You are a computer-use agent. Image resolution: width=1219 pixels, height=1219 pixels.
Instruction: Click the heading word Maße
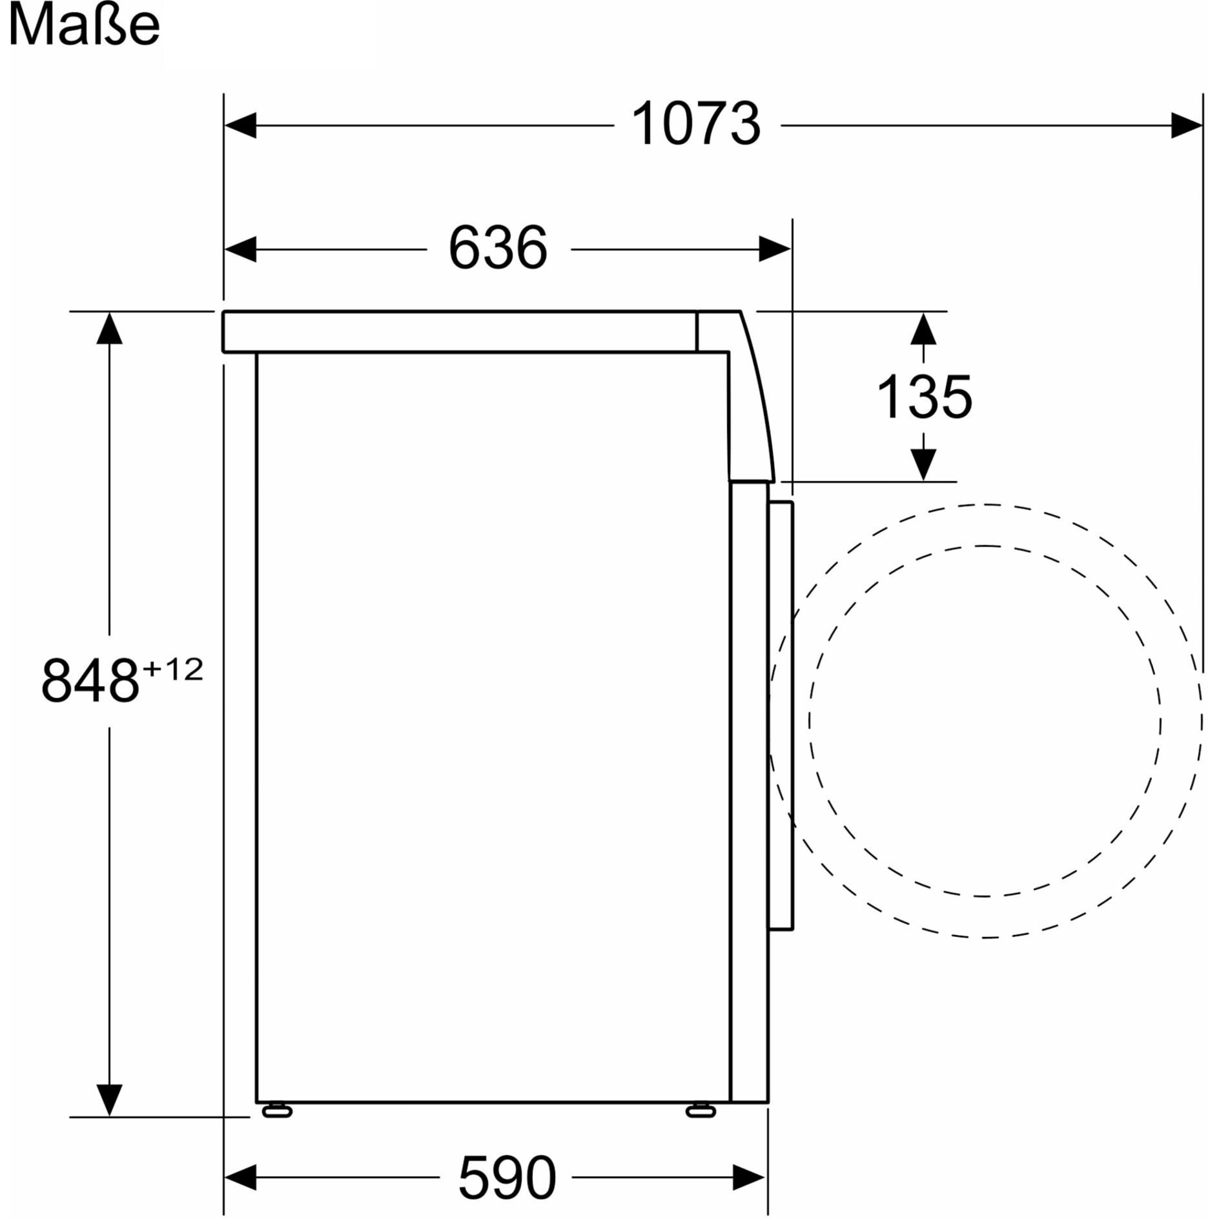pyautogui.click(x=84, y=26)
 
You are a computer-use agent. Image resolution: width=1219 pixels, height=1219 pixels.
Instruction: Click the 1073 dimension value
pyautogui.click(x=696, y=125)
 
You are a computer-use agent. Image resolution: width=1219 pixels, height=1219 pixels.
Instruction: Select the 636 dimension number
pyautogui.click(x=498, y=248)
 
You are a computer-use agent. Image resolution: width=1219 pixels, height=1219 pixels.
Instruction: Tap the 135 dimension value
pyautogui.click(x=924, y=396)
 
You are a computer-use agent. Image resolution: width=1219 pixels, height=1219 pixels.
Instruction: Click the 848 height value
pyautogui.click(x=90, y=681)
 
